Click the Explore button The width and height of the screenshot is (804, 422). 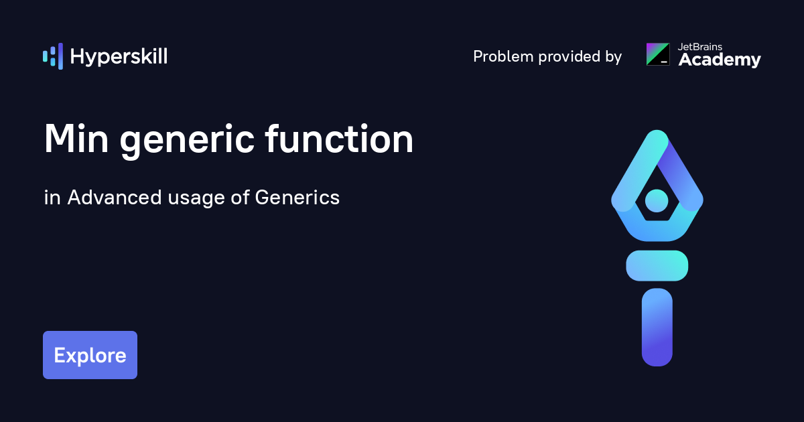tap(90, 355)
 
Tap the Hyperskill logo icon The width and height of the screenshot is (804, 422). tap(53, 56)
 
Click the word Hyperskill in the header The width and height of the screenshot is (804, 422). tap(119, 57)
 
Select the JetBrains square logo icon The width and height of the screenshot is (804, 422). tap(657, 54)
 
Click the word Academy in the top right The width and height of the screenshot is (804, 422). tap(720, 60)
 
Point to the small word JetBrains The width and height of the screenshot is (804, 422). tap(701, 47)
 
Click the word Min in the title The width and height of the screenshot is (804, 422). tap(74, 139)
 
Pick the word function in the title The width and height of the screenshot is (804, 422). tap(338, 139)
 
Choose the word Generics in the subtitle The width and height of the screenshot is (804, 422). tap(297, 198)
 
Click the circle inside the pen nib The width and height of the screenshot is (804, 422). tap(657, 200)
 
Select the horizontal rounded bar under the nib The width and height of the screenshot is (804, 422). tap(657, 265)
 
